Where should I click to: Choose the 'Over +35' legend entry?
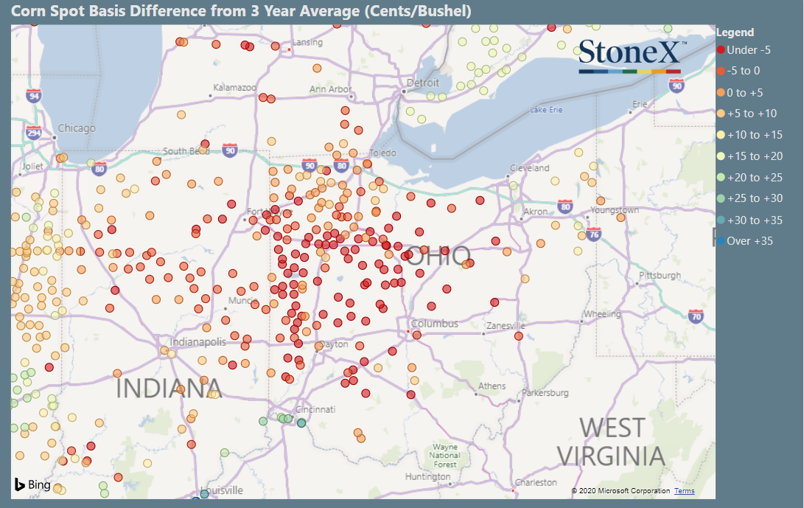749,241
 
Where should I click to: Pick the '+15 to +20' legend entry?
754,156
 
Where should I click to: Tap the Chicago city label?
77,128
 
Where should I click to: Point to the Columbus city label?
435,324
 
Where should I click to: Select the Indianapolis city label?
197,342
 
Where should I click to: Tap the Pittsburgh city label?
660,276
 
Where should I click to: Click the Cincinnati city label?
315,409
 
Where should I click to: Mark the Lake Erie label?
546,110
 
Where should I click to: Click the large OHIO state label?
439,257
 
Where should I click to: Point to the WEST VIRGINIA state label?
611,442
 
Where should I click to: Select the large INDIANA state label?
169,388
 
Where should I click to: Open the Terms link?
684,491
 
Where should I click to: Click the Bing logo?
32,484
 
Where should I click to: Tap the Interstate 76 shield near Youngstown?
593,234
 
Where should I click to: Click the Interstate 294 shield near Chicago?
33,133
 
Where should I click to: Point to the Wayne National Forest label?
444,456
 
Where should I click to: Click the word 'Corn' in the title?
28,12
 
